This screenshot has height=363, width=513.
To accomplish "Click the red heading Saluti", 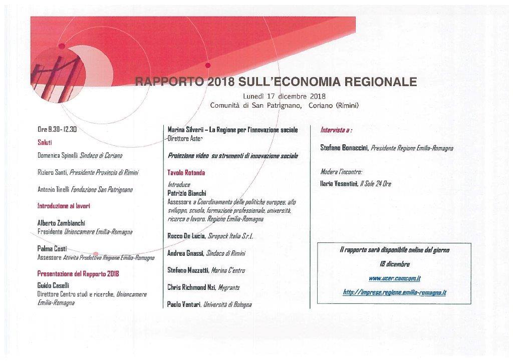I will click(45, 143).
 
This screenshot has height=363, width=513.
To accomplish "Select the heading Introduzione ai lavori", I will click(64, 206).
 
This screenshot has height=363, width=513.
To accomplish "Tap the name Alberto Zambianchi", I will click(62, 223).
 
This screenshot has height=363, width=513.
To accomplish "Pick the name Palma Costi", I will click(52, 249).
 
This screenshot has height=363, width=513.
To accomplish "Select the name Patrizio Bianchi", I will click(187, 193).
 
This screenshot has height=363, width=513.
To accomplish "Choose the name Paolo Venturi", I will click(184, 304).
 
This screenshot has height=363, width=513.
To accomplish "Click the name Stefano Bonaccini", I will click(344, 148).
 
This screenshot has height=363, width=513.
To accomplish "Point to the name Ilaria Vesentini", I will click(339, 184).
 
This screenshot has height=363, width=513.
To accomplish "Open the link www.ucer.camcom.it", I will click(394, 278).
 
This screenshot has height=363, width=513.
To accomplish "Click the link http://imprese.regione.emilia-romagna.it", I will click(394, 292).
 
